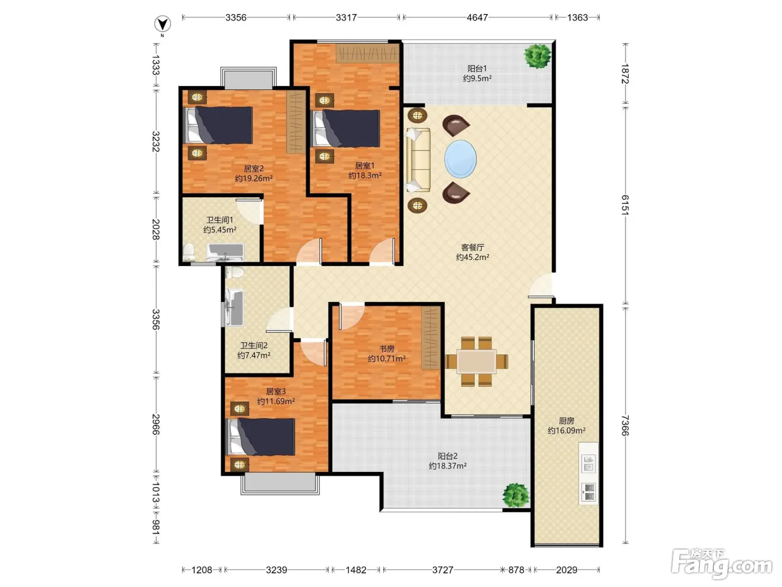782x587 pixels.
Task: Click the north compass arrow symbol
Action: coord(163,24)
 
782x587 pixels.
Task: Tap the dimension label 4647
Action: coord(477,17)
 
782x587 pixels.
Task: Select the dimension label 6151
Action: coord(625,205)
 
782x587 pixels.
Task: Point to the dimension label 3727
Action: coord(442,570)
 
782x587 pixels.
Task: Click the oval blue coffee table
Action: coord(460,159)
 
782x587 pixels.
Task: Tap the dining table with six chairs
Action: coord(476,361)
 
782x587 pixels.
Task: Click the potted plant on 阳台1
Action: coord(537,55)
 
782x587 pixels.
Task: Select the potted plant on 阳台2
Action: coord(516,495)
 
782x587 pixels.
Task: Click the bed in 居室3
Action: coord(261,437)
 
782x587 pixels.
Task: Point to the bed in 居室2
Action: coord(218,125)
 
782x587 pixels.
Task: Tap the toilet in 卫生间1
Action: coord(189,252)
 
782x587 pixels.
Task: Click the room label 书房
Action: coord(387,348)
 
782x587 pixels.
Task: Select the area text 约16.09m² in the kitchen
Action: coord(566,430)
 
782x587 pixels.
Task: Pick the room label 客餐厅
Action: coord(473,247)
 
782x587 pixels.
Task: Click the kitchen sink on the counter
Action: coord(589,463)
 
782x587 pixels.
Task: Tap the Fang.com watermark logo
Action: coord(722,564)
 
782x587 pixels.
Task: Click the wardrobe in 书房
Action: coord(431,338)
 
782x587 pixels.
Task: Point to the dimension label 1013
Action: coord(156,493)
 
